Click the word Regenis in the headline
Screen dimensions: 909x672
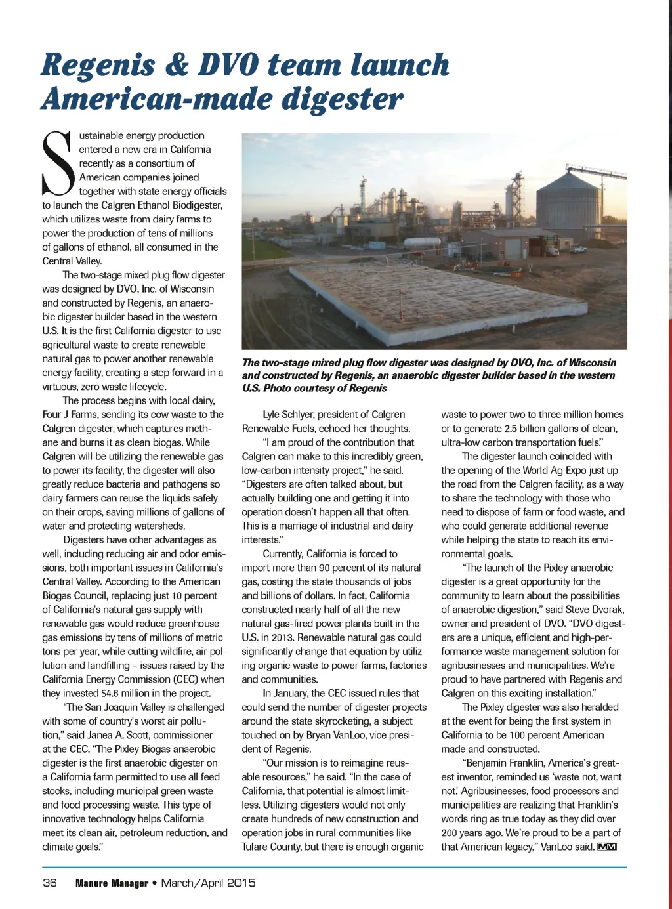point(98,66)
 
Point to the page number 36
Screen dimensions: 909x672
point(50,883)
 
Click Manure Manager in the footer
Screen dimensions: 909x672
point(112,883)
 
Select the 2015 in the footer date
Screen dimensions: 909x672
point(241,883)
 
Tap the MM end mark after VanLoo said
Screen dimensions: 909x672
point(607,847)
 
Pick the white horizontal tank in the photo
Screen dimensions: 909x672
point(421,242)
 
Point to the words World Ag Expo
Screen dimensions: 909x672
point(557,471)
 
